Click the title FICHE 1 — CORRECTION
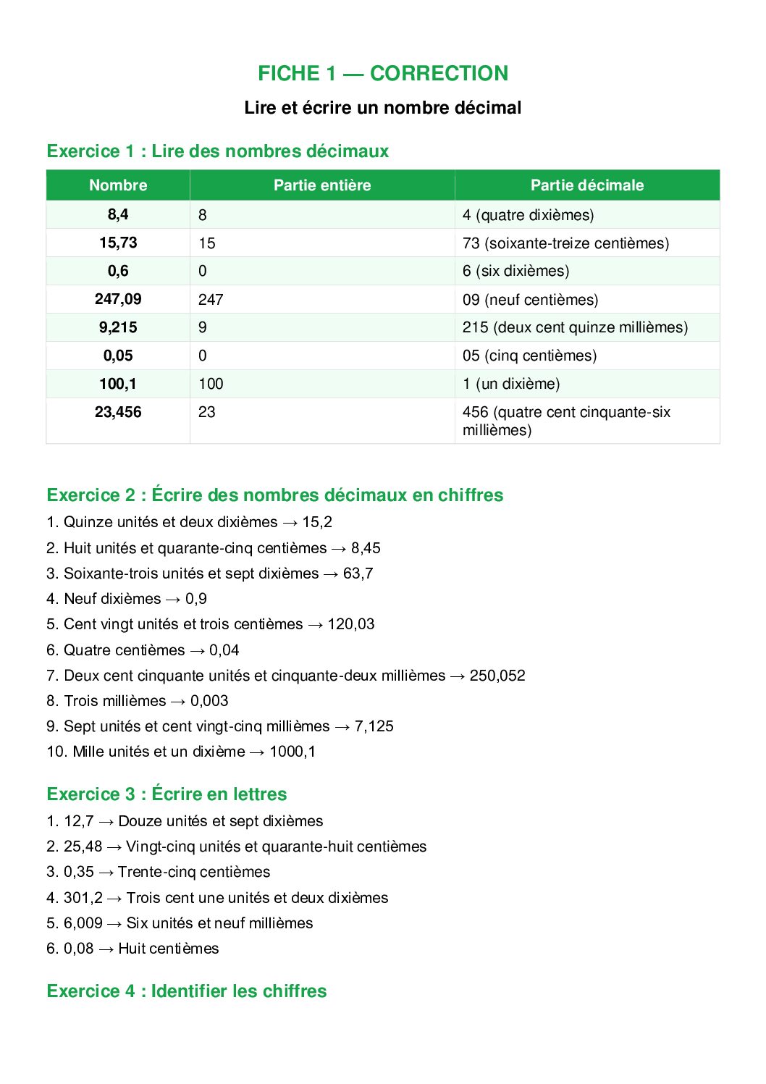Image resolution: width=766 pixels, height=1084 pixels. [x=383, y=73]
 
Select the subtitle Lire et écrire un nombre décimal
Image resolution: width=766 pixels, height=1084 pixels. [x=383, y=108]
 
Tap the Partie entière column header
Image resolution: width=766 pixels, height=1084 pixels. [x=322, y=185]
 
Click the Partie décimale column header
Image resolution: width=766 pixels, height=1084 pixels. [x=587, y=185]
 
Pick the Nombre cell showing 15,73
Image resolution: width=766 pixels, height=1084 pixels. [x=118, y=243]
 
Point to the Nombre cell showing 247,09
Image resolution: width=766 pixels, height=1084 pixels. [x=118, y=299]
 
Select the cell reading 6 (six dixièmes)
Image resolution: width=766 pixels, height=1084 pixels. [x=516, y=271]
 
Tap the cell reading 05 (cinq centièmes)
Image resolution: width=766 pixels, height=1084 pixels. [x=530, y=356]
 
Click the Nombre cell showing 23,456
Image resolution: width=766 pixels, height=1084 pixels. [x=118, y=412]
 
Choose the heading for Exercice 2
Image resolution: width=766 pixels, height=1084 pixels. [x=275, y=495]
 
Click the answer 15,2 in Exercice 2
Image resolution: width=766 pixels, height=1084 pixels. [x=317, y=522]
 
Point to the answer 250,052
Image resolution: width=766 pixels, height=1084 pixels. [x=497, y=676]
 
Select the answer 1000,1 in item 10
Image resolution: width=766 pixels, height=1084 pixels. [x=292, y=752]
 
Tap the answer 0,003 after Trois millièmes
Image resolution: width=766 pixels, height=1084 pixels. [x=209, y=701]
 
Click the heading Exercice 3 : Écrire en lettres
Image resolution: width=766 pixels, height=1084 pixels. [x=167, y=794]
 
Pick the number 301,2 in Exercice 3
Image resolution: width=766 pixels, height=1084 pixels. [x=83, y=898]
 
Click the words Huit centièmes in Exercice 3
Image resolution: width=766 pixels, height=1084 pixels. [x=169, y=949]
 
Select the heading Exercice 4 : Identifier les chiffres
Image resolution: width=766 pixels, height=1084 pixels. [x=187, y=991]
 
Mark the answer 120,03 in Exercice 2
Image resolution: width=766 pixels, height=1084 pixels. [x=351, y=624]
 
